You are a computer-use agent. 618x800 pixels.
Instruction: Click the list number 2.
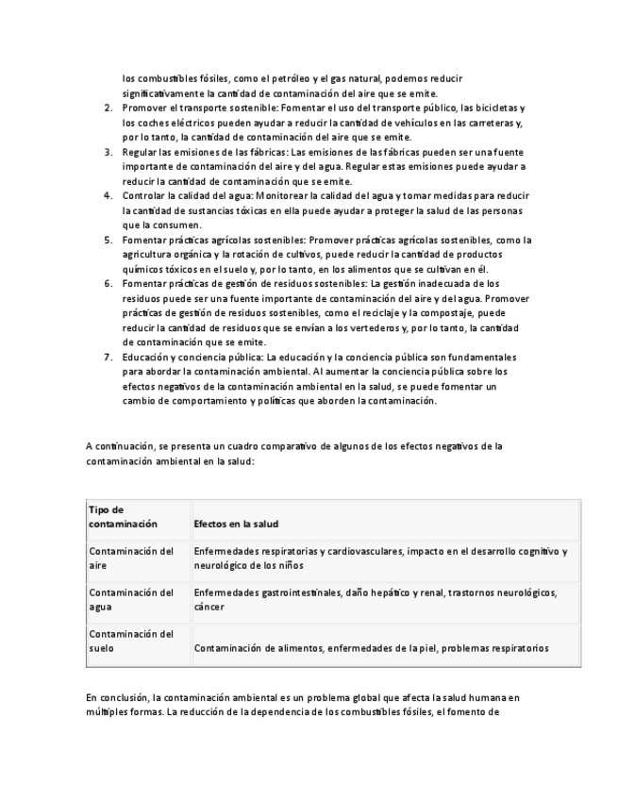click(x=108, y=109)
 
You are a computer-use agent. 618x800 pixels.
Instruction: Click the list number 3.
click(x=108, y=152)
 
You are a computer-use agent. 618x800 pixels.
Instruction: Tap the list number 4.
click(x=108, y=195)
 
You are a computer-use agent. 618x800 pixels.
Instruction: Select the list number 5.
click(x=108, y=240)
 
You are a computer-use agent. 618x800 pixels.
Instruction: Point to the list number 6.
click(x=108, y=283)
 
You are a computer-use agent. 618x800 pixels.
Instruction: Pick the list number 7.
click(x=108, y=358)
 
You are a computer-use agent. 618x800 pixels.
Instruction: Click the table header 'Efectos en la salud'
click(x=236, y=524)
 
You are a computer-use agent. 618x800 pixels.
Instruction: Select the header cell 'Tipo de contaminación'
click(x=123, y=517)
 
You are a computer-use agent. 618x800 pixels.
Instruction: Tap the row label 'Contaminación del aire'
click(x=130, y=558)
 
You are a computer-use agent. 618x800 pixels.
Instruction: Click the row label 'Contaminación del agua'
click(x=130, y=600)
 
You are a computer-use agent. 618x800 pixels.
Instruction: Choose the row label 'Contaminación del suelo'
click(x=130, y=642)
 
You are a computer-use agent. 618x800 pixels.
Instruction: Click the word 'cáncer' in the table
click(x=209, y=608)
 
